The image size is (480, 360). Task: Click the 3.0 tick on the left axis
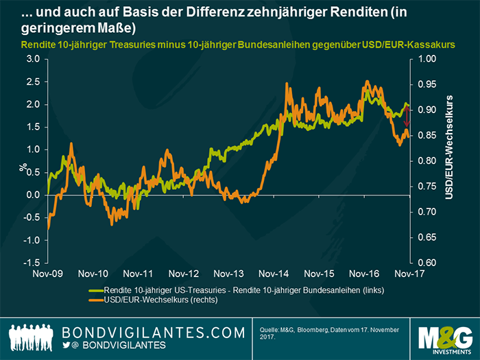click(x=32, y=59)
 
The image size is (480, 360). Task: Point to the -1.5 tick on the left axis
click(x=30, y=263)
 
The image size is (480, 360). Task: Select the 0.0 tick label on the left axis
click(x=32, y=195)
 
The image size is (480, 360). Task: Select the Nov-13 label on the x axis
click(x=228, y=272)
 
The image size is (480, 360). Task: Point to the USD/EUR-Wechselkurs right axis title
click(x=450, y=147)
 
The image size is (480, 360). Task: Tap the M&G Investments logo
click(x=445, y=336)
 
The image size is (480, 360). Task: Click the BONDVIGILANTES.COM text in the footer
click(x=154, y=332)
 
